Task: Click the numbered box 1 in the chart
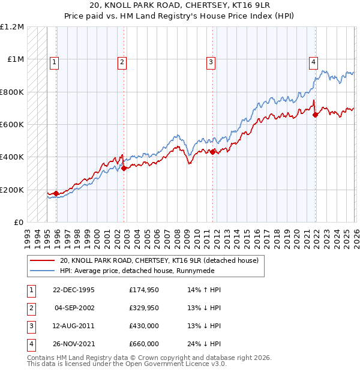[x=54, y=61]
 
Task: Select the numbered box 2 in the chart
[x=122, y=61]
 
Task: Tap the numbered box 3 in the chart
[x=211, y=61]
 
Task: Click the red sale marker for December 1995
[x=56, y=193]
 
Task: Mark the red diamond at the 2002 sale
[x=124, y=169]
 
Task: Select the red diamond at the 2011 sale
[x=213, y=152]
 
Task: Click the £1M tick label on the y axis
[x=16, y=59]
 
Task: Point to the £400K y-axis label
[x=13, y=157]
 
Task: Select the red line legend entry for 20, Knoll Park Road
[x=159, y=261]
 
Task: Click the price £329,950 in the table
[x=143, y=308]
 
